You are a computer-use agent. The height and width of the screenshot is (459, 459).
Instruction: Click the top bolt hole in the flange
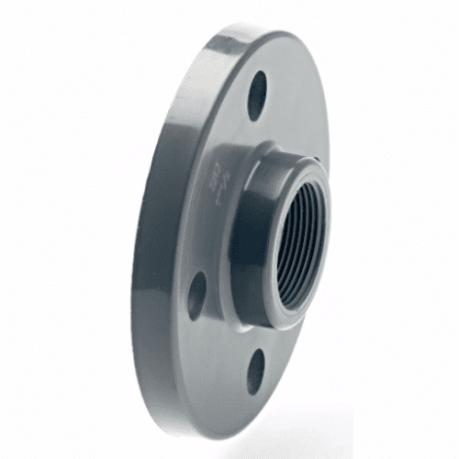pos(257,95)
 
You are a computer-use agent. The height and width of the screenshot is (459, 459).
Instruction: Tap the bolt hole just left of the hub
pos(196,294)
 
